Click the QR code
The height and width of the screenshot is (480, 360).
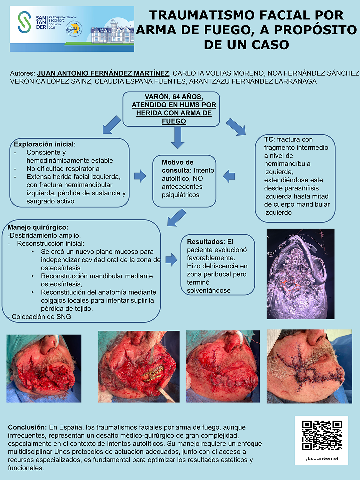point(322,435)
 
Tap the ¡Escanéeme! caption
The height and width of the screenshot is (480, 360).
point(322,458)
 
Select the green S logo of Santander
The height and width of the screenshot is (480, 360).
point(24,22)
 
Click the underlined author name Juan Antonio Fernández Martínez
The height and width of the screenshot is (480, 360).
point(103,73)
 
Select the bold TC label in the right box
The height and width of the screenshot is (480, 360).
point(268,139)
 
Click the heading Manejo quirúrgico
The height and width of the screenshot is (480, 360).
point(38,227)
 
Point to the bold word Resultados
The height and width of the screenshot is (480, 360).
point(205,242)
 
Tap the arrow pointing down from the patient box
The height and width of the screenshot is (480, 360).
point(178,137)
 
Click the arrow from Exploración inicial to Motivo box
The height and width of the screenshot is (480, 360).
point(140,176)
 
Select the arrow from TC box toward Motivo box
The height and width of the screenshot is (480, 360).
point(229,176)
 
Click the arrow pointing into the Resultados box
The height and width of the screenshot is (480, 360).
point(171,260)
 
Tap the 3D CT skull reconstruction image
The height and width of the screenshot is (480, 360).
point(300,274)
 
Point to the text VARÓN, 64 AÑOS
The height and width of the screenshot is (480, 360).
point(174,97)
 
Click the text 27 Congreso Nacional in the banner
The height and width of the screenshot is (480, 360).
point(63,17)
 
